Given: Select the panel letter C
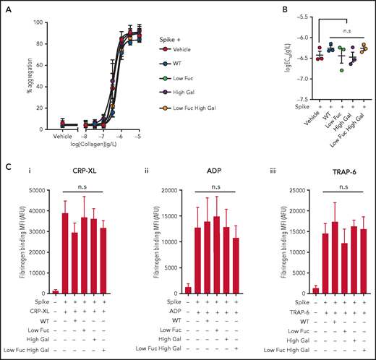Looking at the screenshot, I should point(5,163).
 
